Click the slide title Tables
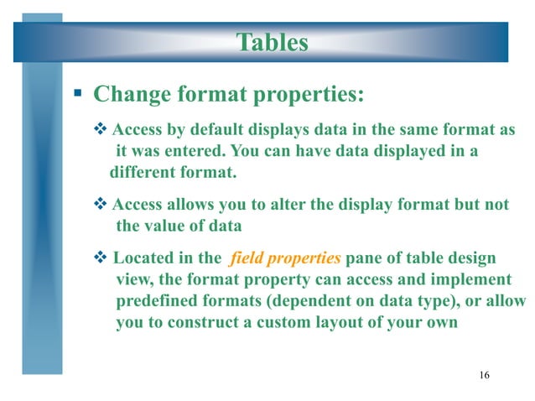click(272, 41)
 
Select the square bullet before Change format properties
click(75, 93)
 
